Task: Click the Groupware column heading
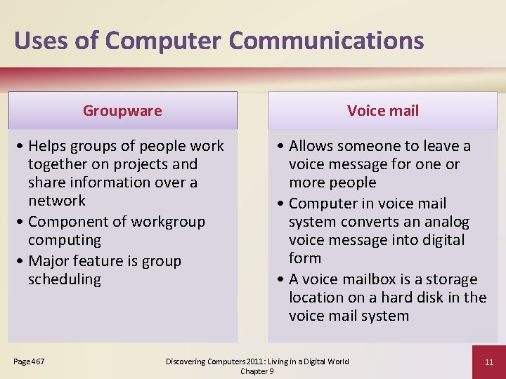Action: (x=122, y=111)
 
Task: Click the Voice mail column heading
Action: (x=383, y=111)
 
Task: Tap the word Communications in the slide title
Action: (x=326, y=41)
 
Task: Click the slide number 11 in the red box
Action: (x=489, y=362)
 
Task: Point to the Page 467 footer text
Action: (x=29, y=361)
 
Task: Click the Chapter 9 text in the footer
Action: (x=257, y=371)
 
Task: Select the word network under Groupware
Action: (x=57, y=201)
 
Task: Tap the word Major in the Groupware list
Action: (x=51, y=261)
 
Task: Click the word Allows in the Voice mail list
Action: (x=313, y=146)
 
